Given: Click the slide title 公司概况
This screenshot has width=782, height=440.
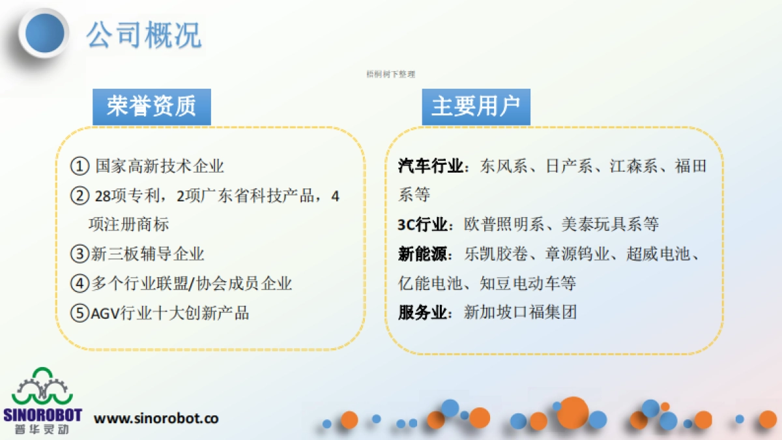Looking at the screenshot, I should tap(144, 34).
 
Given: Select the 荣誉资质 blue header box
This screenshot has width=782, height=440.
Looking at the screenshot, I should tap(151, 107).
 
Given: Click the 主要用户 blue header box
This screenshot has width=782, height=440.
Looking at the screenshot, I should tap(476, 107).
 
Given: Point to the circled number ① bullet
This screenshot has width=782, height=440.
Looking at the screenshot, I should tap(80, 166).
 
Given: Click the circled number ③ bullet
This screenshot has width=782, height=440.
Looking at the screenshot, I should tap(80, 254).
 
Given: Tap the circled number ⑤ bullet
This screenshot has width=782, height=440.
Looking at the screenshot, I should tap(80, 313).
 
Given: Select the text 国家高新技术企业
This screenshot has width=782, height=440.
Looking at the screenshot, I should tap(160, 166).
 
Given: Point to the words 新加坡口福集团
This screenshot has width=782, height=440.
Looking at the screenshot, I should tap(520, 313).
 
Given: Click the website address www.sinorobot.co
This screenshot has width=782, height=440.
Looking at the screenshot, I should tap(156, 418).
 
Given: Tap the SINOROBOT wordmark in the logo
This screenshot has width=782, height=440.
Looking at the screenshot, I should tap(42, 415).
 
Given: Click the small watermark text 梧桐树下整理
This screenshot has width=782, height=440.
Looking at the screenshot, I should tap(391, 74).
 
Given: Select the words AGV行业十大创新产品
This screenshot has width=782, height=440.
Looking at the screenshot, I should tap(169, 313).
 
